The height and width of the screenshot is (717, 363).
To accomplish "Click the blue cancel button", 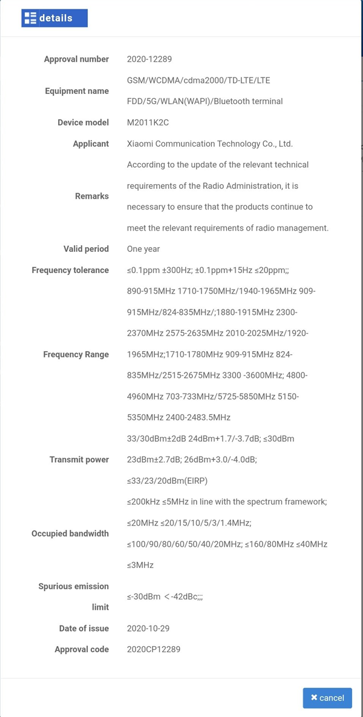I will tap(327, 698).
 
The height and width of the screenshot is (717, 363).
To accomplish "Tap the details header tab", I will tap(54, 18).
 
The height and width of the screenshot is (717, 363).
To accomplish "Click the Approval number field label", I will tap(76, 59).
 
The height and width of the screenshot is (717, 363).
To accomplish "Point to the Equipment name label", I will tap(77, 91).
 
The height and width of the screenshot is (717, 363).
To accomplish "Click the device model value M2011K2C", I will tap(148, 122).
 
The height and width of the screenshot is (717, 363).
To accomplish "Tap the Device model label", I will tap(83, 122).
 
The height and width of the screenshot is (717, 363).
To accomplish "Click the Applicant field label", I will tap(91, 144).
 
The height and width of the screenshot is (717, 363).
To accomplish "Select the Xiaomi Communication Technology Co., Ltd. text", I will tap(209, 144).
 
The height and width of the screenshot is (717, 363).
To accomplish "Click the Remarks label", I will tap(92, 196).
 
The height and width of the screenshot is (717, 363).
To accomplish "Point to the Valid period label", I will tap(86, 249).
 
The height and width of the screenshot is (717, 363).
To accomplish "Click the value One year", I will tap(143, 249).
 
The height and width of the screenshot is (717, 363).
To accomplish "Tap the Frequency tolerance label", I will tap(70, 270).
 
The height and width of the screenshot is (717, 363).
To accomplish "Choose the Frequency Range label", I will tap(76, 354).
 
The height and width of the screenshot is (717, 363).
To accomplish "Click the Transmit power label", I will tap(79, 460).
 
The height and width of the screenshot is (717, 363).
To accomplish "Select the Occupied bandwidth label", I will tap(70, 534).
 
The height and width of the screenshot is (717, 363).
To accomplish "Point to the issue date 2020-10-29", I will tap(149, 629).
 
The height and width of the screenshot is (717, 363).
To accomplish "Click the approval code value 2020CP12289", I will tap(153, 649).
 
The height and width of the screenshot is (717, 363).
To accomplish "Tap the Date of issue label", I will tap(83, 629).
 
